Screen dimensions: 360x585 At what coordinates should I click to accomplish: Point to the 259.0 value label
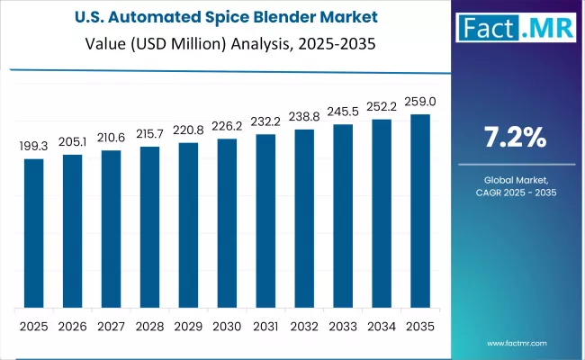(x=420, y=101)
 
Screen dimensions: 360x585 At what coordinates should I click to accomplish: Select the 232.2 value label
(x=265, y=121)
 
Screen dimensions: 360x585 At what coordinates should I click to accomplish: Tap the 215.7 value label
(x=149, y=133)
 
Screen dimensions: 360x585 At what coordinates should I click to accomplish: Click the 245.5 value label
(x=343, y=111)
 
